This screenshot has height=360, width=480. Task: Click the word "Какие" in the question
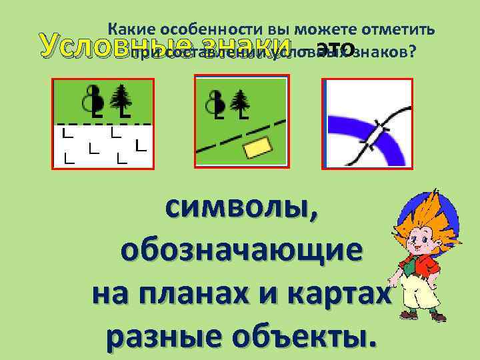132,29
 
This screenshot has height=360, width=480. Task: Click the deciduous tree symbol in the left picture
94,100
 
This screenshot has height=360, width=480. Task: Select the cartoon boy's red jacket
427,267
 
